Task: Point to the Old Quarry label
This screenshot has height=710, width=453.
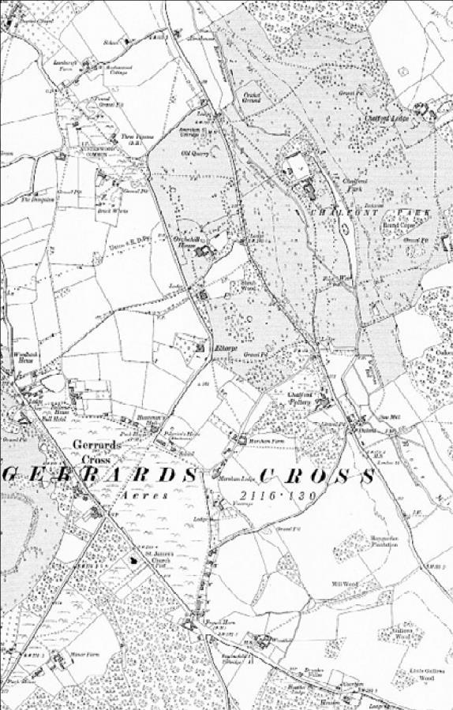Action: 193,153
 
